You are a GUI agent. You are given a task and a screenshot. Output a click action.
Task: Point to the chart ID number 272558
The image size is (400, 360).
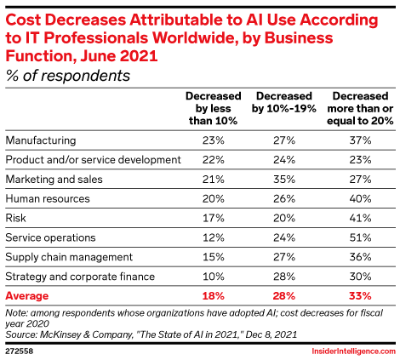[20, 349]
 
